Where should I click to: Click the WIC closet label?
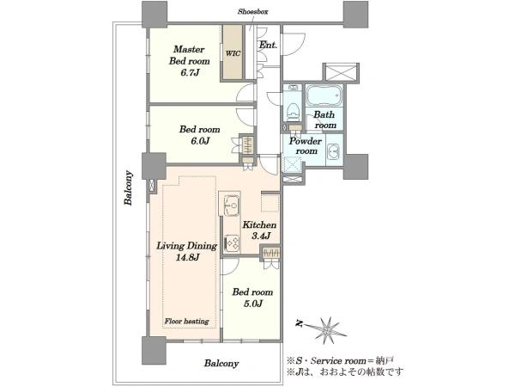(x=233, y=53)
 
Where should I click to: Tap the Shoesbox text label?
(x=252, y=12)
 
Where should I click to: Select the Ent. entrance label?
(x=268, y=45)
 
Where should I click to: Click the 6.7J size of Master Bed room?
(x=190, y=72)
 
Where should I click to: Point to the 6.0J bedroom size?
(x=200, y=141)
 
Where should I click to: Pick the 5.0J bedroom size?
(x=252, y=304)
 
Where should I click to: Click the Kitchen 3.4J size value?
(x=261, y=236)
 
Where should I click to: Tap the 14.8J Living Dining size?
(x=187, y=257)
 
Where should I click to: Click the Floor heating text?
(x=186, y=321)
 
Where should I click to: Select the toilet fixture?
(x=293, y=111)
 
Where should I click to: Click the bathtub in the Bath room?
(x=324, y=95)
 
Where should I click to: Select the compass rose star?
(x=326, y=330)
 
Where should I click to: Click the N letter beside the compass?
(x=299, y=323)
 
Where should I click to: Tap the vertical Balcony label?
(x=129, y=187)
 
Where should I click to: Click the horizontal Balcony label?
(x=221, y=363)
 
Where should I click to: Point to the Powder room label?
(x=306, y=146)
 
